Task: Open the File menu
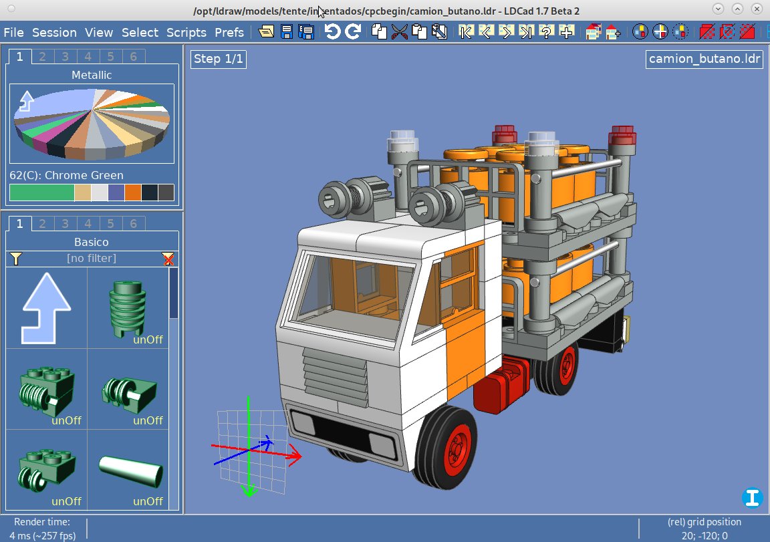14,32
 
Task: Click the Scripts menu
186,32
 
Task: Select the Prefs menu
229,32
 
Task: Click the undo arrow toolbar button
332,32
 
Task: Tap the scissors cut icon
399,32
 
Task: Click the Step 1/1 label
219,59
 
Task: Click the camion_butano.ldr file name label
704,59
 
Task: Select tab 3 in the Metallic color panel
66,57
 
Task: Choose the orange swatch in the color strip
132,192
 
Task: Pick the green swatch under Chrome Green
41,192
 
